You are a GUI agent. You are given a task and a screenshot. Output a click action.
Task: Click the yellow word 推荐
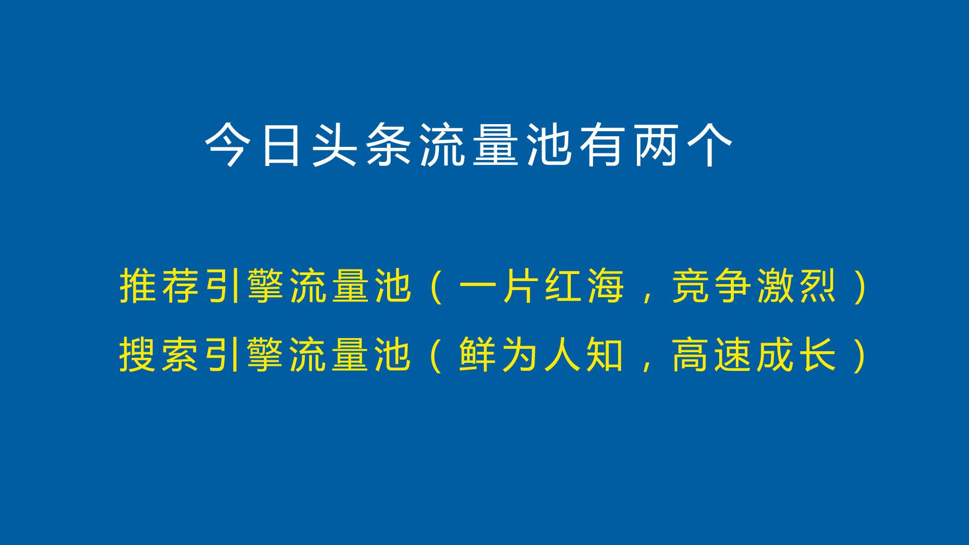coord(161,287)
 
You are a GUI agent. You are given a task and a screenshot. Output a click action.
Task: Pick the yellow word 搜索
coord(161,356)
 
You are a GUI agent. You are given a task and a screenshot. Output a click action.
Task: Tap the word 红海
coord(585,287)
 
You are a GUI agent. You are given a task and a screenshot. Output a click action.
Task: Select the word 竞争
coord(713,287)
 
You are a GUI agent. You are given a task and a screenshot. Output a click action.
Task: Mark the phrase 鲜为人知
coord(542,356)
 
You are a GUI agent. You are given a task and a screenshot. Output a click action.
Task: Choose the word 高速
coord(713,356)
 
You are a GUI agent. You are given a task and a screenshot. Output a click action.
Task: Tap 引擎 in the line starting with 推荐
coord(246,287)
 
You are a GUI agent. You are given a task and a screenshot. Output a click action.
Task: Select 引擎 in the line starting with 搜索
coord(246,356)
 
